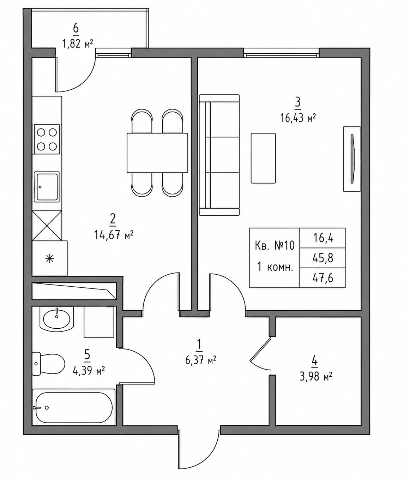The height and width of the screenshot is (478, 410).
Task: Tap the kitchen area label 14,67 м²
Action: (x=114, y=235)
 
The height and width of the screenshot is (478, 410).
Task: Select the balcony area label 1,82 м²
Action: (x=78, y=44)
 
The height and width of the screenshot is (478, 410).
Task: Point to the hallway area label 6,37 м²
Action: (x=201, y=360)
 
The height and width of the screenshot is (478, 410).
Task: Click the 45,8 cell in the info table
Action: (x=322, y=258)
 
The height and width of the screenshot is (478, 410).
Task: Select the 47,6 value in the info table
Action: (x=322, y=278)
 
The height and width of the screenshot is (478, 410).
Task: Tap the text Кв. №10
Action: (x=275, y=245)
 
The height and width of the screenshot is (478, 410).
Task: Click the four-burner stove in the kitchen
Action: (x=47, y=139)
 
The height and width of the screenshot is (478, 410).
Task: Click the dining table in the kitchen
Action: (x=157, y=153)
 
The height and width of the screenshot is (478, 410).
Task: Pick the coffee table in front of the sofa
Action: (x=263, y=158)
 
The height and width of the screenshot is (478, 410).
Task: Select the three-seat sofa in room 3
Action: (x=219, y=155)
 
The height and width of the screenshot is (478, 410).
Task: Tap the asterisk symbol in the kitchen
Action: (x=50, y=259)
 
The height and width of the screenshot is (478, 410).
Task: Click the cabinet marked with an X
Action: (x=47, y=226)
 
